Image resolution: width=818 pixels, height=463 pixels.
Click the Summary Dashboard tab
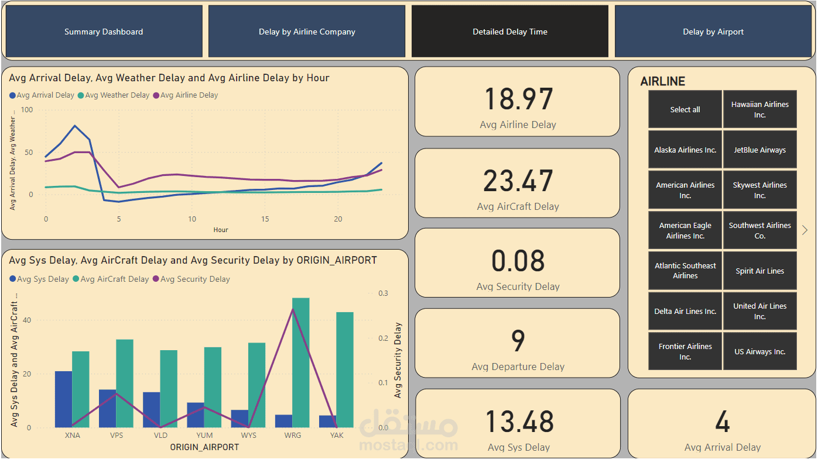coord(104,32)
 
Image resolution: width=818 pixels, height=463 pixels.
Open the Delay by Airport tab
coord(713,32)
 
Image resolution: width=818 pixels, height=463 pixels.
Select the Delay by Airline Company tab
coord(307,32)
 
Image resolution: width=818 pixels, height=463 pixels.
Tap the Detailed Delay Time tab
coord(510,32)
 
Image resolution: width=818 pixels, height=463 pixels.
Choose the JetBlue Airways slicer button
coord(759,150)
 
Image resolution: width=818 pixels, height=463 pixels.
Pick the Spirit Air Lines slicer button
coord(759,271)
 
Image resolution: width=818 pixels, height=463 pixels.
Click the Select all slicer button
coord(685,109)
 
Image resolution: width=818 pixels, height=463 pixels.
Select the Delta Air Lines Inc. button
coord(685,311)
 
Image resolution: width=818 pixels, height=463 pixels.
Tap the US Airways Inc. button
coord(759,351)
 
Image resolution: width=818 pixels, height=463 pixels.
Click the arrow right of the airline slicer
coord(805,230)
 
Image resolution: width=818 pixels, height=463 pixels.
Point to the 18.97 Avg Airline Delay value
coord(518,99)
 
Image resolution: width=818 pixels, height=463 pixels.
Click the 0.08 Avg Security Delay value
coord(518,261)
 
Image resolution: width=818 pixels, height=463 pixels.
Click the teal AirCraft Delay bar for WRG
coord(300,362)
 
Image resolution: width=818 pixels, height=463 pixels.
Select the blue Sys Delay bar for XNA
coord(63,399)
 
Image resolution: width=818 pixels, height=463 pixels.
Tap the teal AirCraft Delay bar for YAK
coord(344,369)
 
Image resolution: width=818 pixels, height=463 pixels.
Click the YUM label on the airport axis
coord(204,436)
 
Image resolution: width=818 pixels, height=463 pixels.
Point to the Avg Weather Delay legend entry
coord(117,95)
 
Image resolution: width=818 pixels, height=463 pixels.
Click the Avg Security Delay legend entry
coord(194,279)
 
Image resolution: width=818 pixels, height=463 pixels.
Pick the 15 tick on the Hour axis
coord(265,219)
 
